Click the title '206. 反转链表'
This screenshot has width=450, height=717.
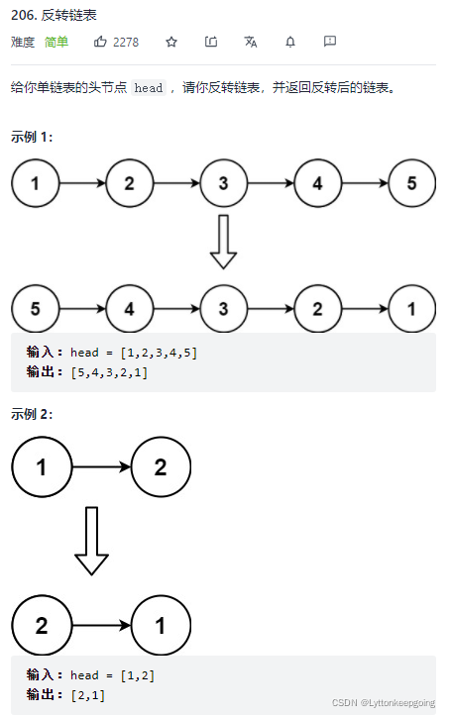55,16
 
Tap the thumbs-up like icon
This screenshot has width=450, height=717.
100,42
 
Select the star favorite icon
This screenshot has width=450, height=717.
171,42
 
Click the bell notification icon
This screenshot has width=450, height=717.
290,42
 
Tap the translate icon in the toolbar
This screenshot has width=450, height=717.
251,42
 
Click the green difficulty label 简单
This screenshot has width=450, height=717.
56,43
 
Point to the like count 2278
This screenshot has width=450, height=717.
126,43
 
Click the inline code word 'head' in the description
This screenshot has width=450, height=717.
148,88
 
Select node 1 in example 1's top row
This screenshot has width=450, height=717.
36,183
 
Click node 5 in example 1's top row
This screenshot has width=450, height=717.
412,183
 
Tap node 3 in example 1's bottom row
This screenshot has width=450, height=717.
224,308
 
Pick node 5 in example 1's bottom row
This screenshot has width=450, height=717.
36,308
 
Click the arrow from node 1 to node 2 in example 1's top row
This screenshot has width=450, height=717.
82,183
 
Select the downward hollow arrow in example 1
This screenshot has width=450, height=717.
224,241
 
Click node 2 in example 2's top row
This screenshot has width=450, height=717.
161,467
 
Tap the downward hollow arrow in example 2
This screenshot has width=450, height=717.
92,541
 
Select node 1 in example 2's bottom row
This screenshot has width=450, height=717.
161,626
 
